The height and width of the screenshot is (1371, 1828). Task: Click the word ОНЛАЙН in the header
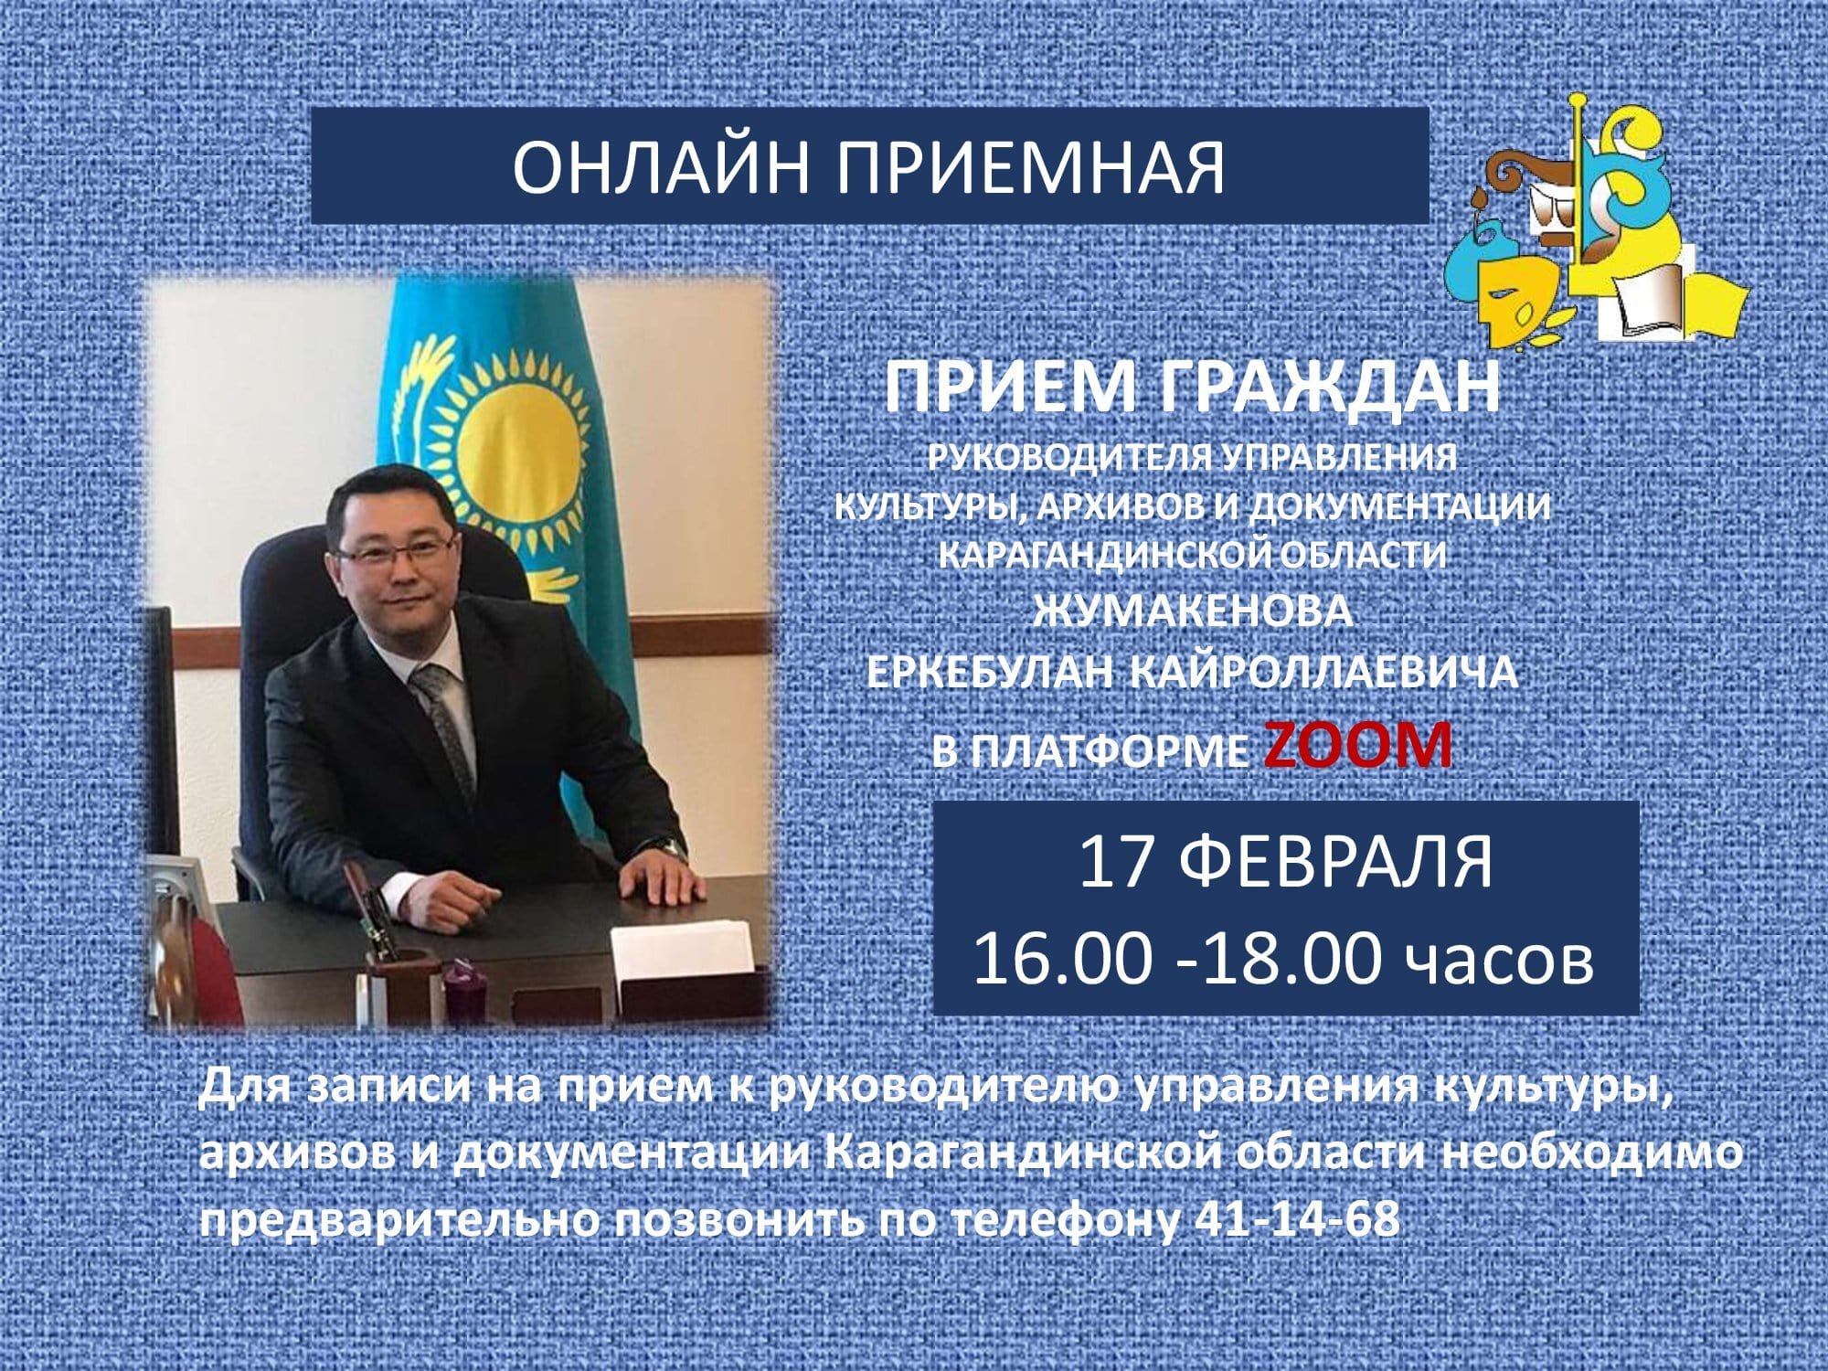[661, 166]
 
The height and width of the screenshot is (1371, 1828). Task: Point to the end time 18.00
[1290, 959]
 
